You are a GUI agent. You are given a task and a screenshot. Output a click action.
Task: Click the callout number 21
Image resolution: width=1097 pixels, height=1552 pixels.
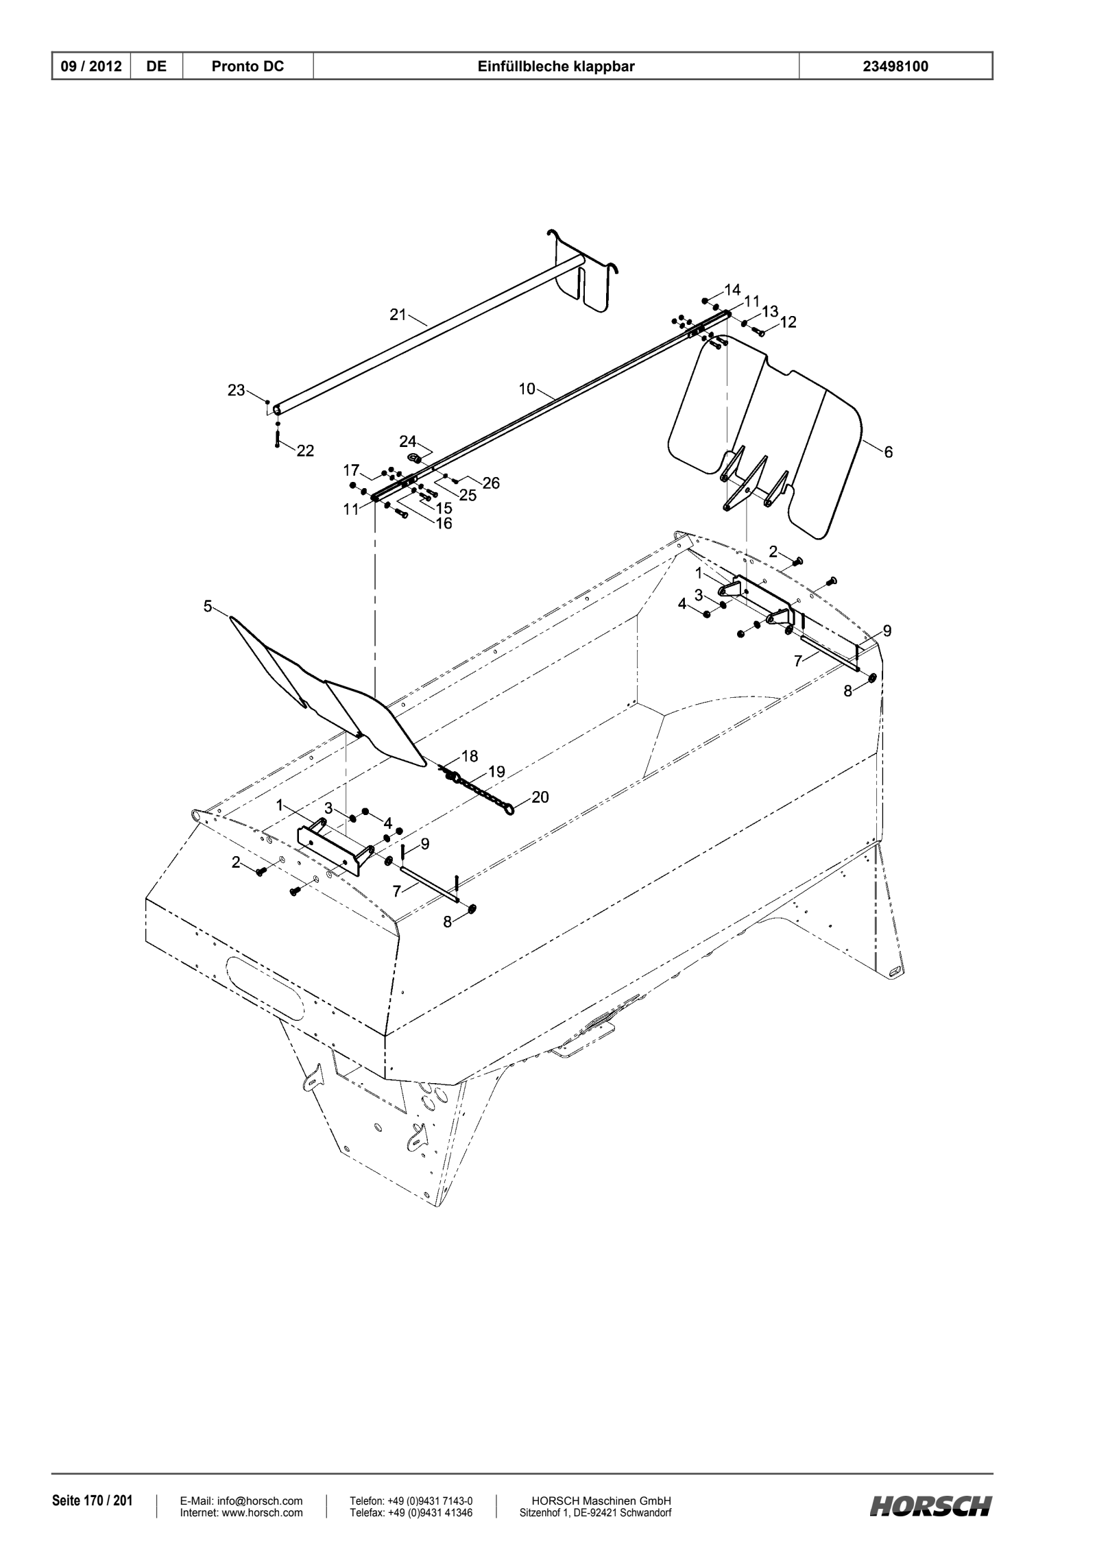(x=398, y=315)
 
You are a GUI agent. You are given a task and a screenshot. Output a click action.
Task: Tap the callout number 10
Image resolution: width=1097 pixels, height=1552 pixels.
(x=527, y=389)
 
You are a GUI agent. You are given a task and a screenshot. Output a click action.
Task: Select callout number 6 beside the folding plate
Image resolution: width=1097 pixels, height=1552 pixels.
(x=889, y=452)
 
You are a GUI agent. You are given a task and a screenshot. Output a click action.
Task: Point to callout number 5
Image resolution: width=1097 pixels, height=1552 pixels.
(x=208, y=606)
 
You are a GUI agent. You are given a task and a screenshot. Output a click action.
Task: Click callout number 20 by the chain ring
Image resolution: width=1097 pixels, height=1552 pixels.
(x=540, y=797)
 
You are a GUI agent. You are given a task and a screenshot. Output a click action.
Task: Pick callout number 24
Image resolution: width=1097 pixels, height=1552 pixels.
(x=408, y=441)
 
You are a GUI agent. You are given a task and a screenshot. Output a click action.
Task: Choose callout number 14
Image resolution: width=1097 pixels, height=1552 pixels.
(x=732, y=289)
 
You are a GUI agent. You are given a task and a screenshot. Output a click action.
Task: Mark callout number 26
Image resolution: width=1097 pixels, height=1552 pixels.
(x=491, y=483)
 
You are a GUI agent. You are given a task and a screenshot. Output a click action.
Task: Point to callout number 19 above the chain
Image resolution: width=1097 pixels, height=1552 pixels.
(x=496, y=772)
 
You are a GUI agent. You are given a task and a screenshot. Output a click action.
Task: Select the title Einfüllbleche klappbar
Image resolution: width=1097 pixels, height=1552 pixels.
(x=556, y=66)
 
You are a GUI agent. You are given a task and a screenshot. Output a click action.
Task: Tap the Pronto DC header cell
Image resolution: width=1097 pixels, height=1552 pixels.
(x=248, y=66)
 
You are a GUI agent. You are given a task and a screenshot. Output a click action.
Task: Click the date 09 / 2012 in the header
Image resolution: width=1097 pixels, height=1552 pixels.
(x=91, y=66)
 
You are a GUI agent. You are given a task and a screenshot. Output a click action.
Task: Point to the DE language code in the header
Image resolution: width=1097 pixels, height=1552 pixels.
(x=157, y=66)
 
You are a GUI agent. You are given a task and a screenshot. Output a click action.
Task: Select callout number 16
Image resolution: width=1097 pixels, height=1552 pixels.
(x=444, y=523)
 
